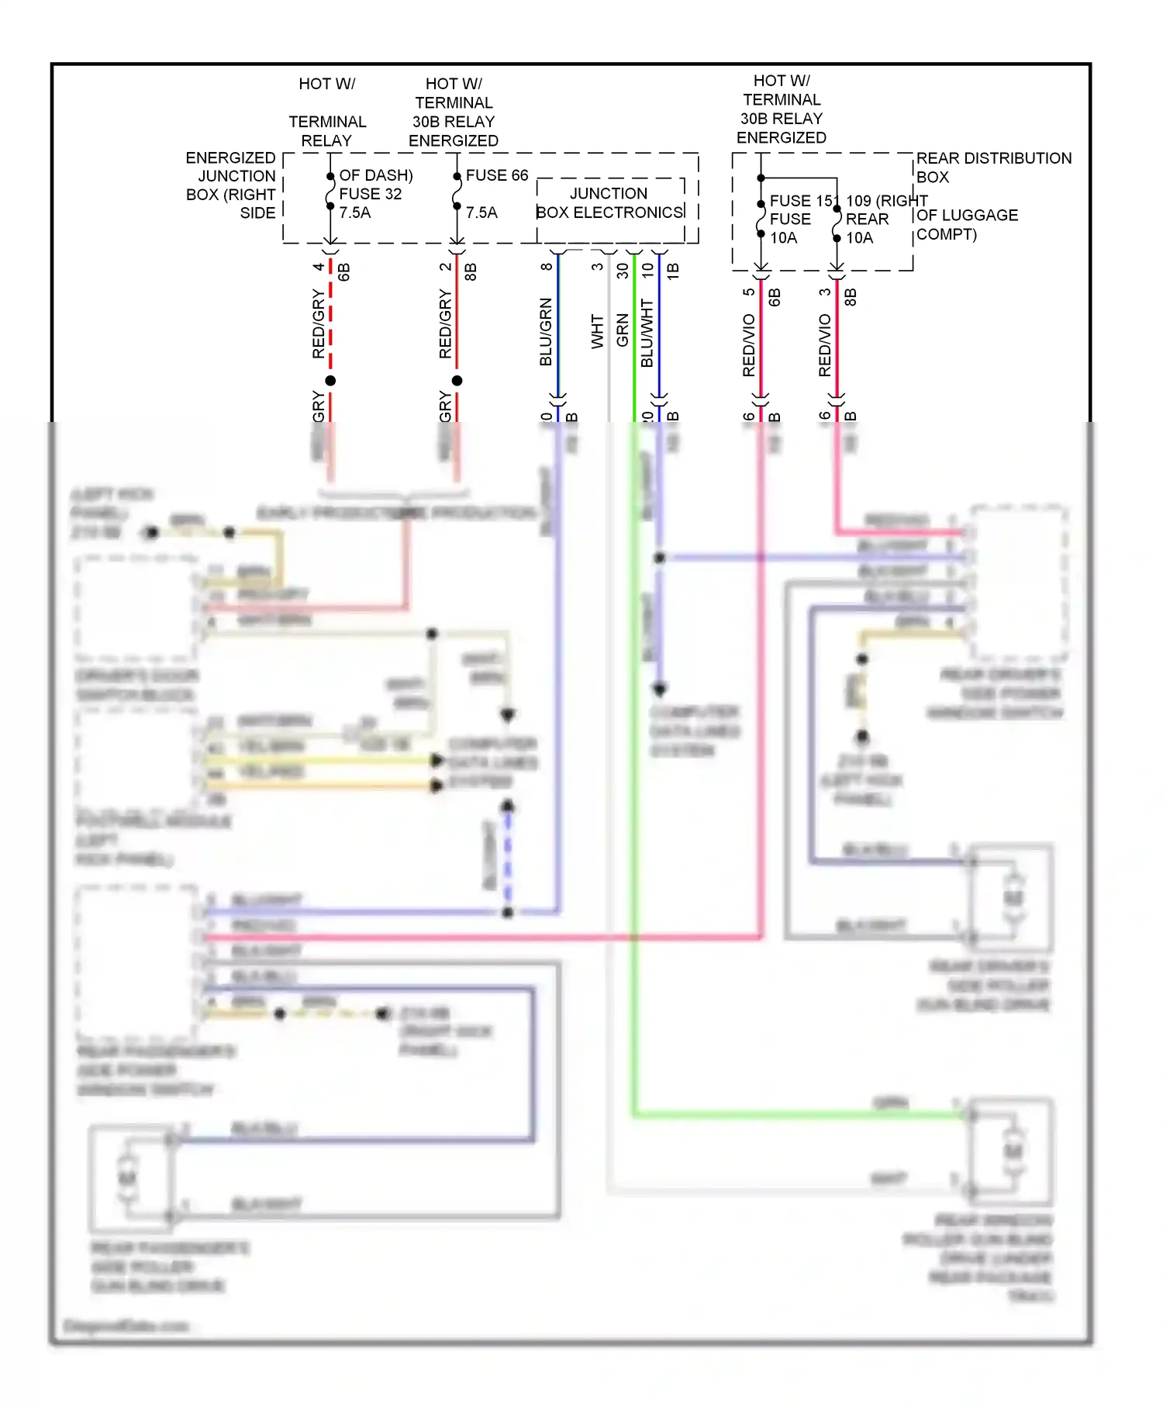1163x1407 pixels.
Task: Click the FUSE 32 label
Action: pyautogui.click(x=370, y=194)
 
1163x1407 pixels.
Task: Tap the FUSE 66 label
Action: pyautogui.click(x=496, y=175)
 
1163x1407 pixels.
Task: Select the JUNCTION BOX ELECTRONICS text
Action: pyautogui.click(x=609, y=203)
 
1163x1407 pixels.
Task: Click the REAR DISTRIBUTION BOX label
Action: pyautogui.click(x=993, y=167)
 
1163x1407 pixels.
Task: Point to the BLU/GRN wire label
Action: pyautogui.click(x=545, y=332)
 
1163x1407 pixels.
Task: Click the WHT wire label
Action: pyautogui.click(x=597, y=331)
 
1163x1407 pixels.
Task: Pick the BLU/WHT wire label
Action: pyautogui.click(x=647, y=334)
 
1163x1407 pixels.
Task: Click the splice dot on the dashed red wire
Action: pyautogui.click(x=330, y=381)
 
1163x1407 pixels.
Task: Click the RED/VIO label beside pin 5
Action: pyautogui.click(x=748, y=346)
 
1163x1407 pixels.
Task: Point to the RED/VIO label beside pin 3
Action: pyautogui.click(x=824, y=346)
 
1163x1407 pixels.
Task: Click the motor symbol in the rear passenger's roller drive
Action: pyautogui.click(x=127, y=1177)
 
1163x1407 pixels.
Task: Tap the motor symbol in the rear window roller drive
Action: pyautogui.click(x=1013, y=1152)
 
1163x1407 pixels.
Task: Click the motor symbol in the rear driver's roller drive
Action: pyautogui.click(x=1013, y=898)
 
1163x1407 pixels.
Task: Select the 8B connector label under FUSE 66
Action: pyautogui.click(x=470, y=272)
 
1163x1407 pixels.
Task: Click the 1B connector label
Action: pyautogui.click(x=673, y=271)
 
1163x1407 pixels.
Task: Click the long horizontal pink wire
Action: pyautogui.click(x=481, y=938)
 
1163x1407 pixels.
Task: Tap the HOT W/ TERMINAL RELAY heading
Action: pyautogui.click(x=327, y=112)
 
